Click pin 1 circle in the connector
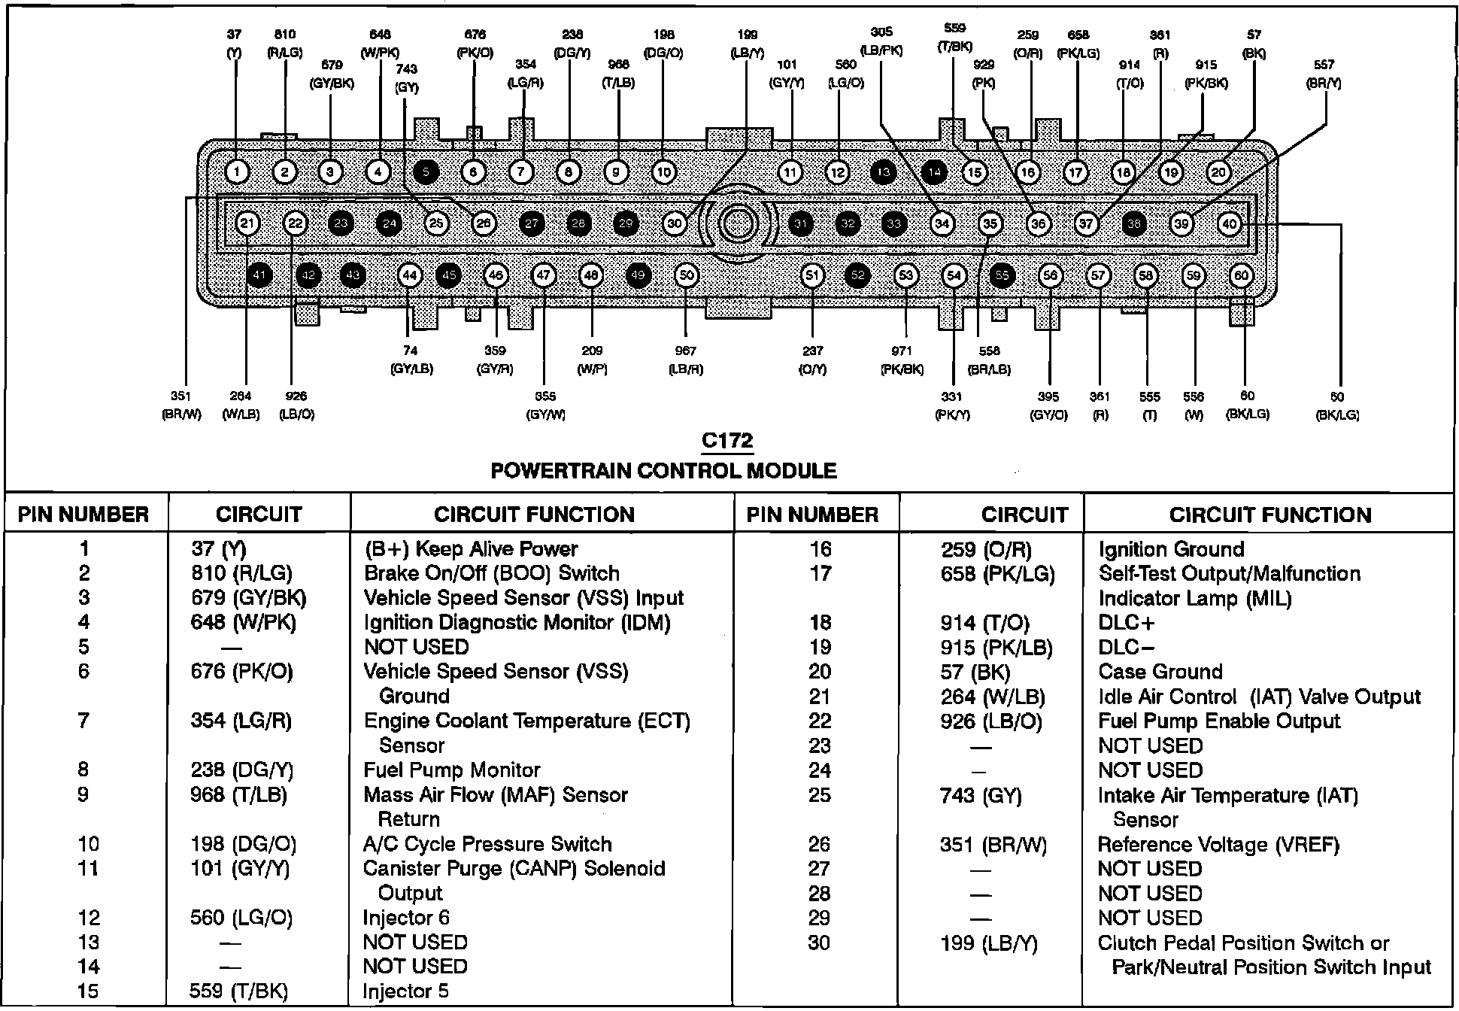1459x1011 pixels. pos(237,173)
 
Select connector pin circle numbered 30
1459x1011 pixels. pos(675,223)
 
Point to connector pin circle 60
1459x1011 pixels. pos(1241,276)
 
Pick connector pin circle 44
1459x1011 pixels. pos(409,276)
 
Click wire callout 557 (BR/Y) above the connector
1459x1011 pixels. pos(1324,74)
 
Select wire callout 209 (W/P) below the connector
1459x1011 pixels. pos(592,360)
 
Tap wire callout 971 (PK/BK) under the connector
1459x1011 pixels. pos(902,360)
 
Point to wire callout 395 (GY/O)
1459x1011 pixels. pos(1048,405)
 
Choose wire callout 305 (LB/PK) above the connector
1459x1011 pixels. pos(881,41)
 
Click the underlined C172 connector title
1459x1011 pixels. pos(726,441)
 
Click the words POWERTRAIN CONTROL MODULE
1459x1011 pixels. pos(663,471)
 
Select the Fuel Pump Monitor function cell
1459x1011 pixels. pos(451,770)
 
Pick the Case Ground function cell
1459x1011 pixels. pos(1160,672)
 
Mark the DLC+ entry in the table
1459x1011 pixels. pos(1126,623)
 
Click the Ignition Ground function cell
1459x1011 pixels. pos(1171,549)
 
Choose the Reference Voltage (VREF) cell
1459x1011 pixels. pos(1218,845)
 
